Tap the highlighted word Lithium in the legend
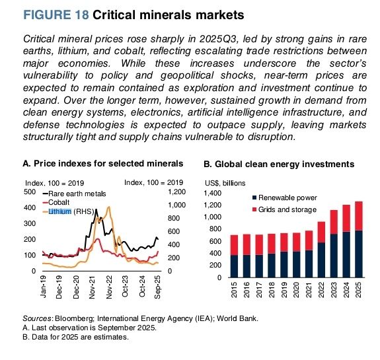click(63, 211)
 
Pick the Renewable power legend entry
click(287, 198)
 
